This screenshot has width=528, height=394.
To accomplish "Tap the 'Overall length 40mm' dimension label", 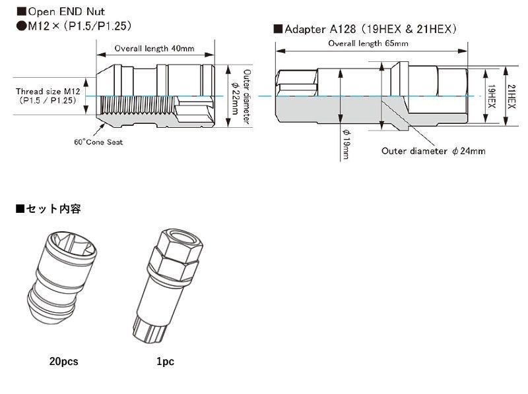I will (x=153, y=49).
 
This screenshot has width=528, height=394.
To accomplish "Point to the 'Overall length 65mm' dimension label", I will (x=368, y=43).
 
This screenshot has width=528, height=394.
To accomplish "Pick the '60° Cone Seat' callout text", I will (x=99, y=142).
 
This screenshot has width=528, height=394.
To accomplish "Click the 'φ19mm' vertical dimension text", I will (x=347, y=144).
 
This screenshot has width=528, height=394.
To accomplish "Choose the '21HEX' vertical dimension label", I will (x=513, y=96).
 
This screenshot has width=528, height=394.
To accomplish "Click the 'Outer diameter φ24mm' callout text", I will (x=433, y=150).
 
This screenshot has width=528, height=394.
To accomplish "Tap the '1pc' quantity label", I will (x=166, y=362).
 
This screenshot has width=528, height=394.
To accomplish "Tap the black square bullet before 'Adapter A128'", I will (x=278, y=29).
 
